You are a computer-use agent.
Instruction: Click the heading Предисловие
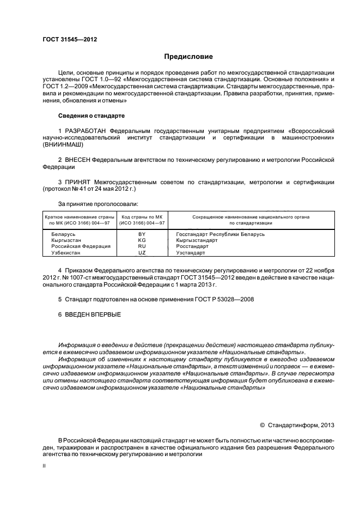[188, 57]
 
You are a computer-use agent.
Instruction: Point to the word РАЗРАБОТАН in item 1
[86, 131]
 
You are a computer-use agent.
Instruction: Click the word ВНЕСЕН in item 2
[77, 160]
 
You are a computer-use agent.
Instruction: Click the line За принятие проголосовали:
[97, 204]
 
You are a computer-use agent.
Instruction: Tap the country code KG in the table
[142, 240]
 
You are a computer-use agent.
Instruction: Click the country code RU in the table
[142, 246]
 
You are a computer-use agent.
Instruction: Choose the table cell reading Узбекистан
[61, 253]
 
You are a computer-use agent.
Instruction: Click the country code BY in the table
[142, 234]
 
